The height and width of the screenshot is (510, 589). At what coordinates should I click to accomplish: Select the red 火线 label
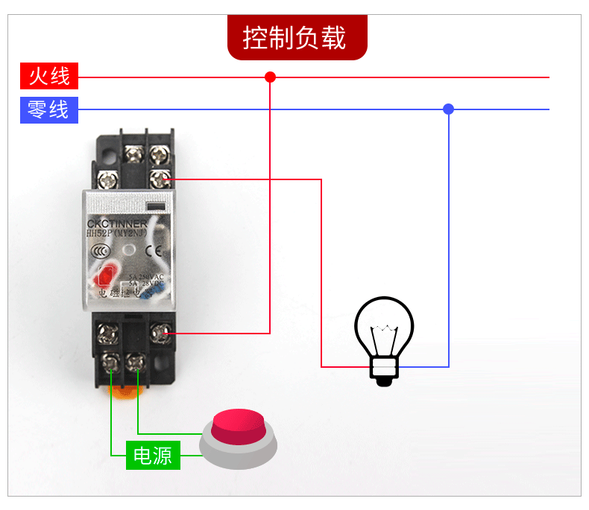(48, 76)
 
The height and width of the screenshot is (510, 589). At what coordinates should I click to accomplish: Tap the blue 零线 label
(48, 109)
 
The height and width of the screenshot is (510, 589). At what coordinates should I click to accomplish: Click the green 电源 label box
(152, 455)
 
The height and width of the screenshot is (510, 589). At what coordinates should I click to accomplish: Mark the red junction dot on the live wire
(270, 77)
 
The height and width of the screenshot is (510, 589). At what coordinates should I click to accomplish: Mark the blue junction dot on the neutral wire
(448, 109)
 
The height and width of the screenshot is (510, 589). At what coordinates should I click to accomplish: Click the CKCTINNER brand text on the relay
(117, 223)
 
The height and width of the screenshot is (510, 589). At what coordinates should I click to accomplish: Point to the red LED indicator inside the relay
(103, 277)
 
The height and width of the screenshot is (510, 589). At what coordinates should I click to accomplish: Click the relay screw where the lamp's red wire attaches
(157, 179)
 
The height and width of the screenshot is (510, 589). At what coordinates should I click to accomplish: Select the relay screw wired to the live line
(157, 333)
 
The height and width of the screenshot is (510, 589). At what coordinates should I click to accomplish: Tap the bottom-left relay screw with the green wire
(111, 363)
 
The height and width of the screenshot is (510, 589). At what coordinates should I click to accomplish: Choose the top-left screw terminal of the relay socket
(133, 155)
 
